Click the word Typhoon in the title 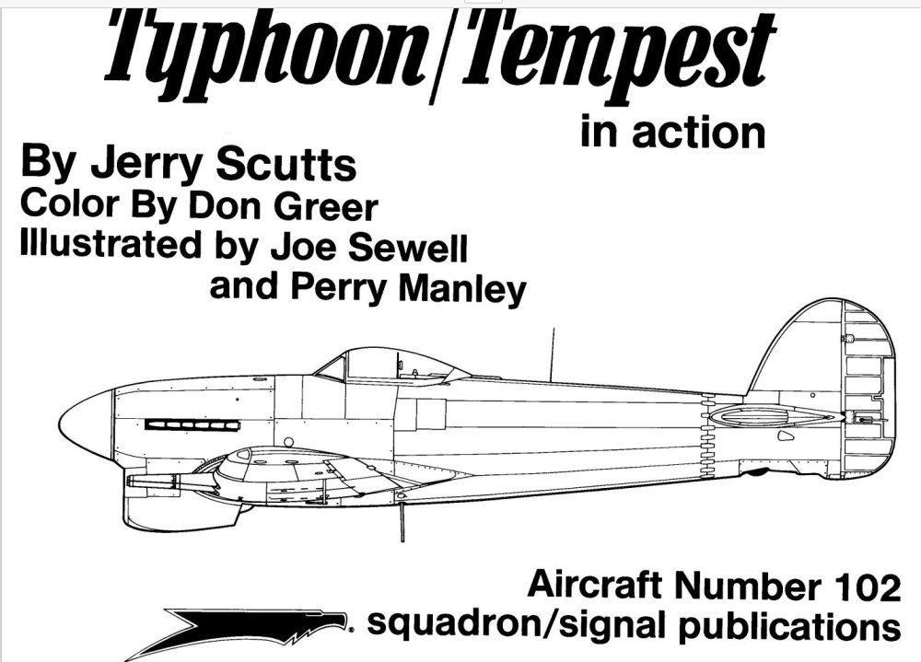click(x=265, y=50)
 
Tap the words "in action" click(x=673, y=133)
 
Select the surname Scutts click(x=286, y=164)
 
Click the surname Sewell click(x=408, y=247)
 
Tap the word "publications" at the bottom click(x=789, y=625)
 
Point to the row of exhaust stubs click(x=192, y=424)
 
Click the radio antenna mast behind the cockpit click(x=552, y=354)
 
